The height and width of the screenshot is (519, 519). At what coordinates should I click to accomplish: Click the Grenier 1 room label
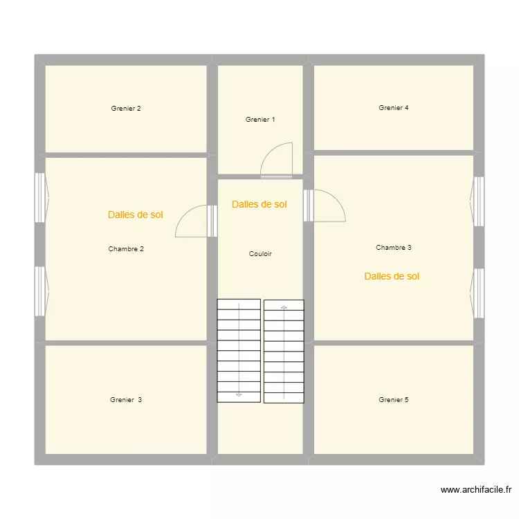tap(260, 120)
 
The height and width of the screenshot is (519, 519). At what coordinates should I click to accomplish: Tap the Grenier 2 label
tap(126, 109)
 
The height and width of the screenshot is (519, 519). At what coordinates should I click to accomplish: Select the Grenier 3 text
tap(126, 400)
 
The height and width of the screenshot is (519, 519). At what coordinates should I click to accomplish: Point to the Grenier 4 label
tap(394, 108)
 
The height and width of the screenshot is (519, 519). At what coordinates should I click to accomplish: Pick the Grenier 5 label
tap(394, 400)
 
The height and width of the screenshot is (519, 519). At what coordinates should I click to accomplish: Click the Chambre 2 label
tap(126, 249)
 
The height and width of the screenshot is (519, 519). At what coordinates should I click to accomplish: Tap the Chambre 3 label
tap(394, 248)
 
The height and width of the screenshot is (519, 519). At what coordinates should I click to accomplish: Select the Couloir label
tap(260, 254)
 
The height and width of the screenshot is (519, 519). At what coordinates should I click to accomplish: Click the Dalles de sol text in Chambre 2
tap(136, 215)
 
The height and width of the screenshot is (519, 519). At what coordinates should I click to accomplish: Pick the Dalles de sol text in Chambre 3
tap(392, 277)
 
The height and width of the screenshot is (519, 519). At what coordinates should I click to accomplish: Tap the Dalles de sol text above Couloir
tap(259, 205)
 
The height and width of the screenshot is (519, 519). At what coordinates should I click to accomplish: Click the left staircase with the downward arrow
tap(239, 351)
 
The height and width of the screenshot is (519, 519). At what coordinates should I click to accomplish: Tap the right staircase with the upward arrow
tap(284, 351)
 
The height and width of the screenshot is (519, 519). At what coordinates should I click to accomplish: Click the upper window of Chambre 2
tap(40, 197)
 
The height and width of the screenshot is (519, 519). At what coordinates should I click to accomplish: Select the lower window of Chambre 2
tap(40, 291)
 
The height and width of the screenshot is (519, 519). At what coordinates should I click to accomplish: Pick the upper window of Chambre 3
tap(478, 201)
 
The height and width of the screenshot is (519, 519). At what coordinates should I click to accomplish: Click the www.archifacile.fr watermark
tap(477, 490)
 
